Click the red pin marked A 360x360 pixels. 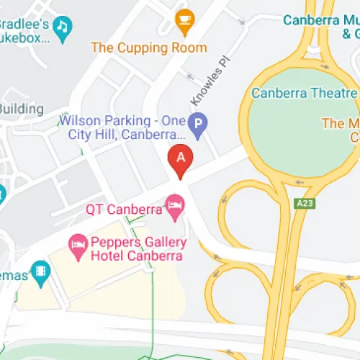coord(180,161)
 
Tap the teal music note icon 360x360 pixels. coord(63,28)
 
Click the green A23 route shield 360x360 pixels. coord(303,204)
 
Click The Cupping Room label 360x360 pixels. coord(148,48)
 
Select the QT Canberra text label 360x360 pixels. coord(123,210)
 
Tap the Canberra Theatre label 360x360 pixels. coord(303,94)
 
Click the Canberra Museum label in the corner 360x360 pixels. coord(320,26)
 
